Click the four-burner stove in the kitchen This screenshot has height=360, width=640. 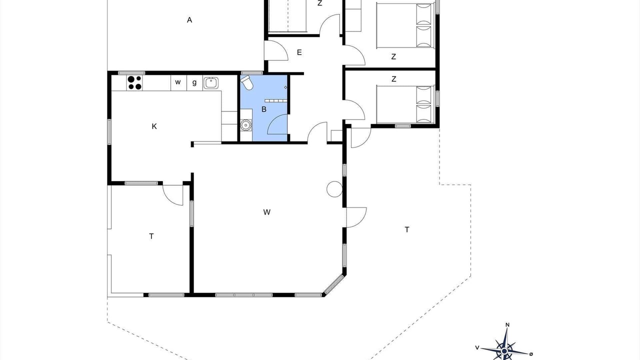point(134,83)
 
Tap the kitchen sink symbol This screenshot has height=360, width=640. point(211,83)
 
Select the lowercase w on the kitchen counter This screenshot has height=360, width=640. point(177,82)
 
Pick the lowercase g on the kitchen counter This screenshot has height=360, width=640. point(194,83)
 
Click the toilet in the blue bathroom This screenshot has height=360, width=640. point(246,82)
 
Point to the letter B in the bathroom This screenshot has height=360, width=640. point(264,109)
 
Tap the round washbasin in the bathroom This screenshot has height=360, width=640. point(245,125)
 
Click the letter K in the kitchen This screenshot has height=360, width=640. point(154,126)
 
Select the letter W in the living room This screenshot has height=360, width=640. point(266,212)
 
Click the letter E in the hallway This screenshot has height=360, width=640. point(299,52)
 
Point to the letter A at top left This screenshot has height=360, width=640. point(189,20)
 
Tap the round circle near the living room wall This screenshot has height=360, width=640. point(334,189)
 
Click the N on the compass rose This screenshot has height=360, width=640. point(507,325)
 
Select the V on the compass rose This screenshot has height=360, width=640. point(477,347)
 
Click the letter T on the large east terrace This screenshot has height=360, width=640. point(407,229)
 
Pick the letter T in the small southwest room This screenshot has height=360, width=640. point(151,236)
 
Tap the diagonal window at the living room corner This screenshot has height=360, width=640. point(334,284)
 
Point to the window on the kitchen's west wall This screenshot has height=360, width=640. point(109,131)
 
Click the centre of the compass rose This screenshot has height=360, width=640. point(504,350)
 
